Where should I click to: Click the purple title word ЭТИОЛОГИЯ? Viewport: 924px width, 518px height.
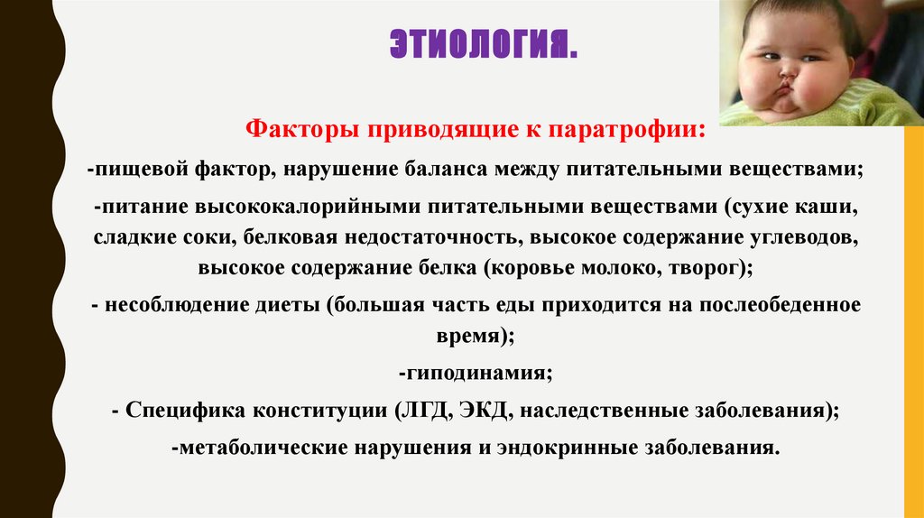pos(483,43)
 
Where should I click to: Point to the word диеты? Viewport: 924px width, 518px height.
pos(288,304)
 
